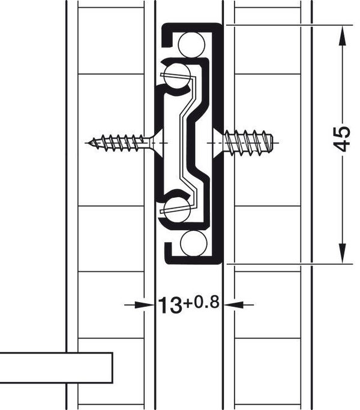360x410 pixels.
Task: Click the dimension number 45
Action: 343,139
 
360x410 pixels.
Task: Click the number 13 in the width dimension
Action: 170,305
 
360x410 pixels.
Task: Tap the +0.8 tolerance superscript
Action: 201,302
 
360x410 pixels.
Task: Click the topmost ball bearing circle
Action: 191,44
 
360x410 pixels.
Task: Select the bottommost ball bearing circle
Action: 193,243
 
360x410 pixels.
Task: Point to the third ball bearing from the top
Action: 177,210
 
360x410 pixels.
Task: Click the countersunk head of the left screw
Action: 157,143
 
